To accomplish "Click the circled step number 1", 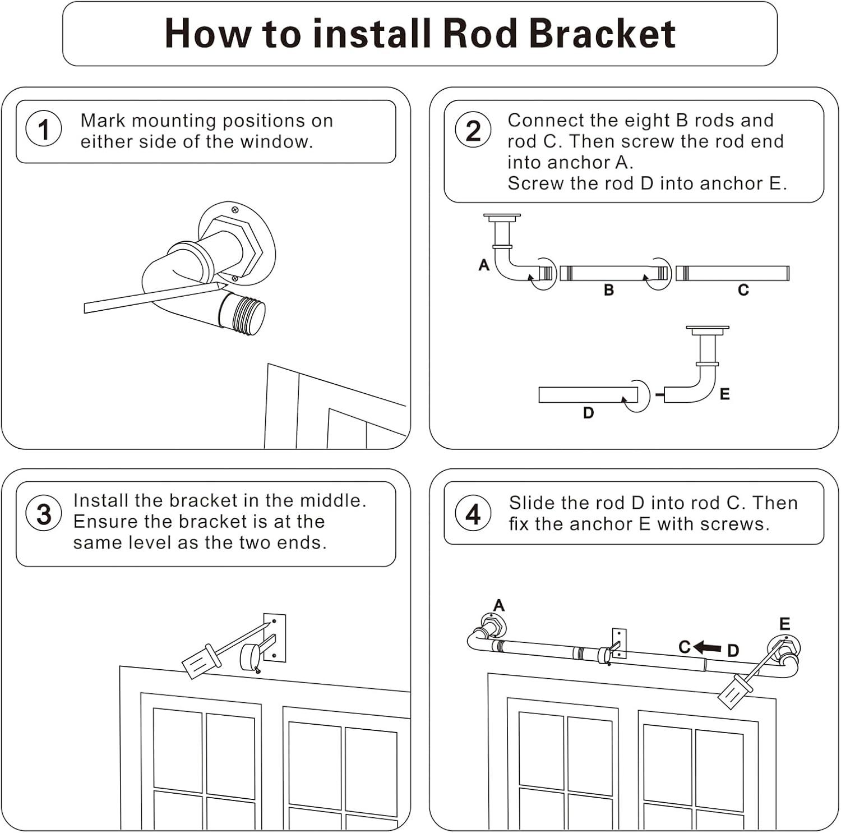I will click(44, 130).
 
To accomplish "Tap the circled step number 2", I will click(473, 131).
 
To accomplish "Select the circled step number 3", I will click(44, 514).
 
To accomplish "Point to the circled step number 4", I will click(473, 514).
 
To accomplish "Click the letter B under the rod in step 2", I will click(609, 291).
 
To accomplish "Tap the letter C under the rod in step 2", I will click(743, 291).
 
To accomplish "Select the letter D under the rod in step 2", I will click(588, 413).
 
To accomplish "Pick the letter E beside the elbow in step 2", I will click(724, 394).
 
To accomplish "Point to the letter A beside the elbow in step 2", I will click(484, 265).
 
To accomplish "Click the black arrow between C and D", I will click(708, 648).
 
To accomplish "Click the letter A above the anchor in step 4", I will click(498, 605).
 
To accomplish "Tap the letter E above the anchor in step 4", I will click(784, 624).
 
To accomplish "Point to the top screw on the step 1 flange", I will click(235, 210).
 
